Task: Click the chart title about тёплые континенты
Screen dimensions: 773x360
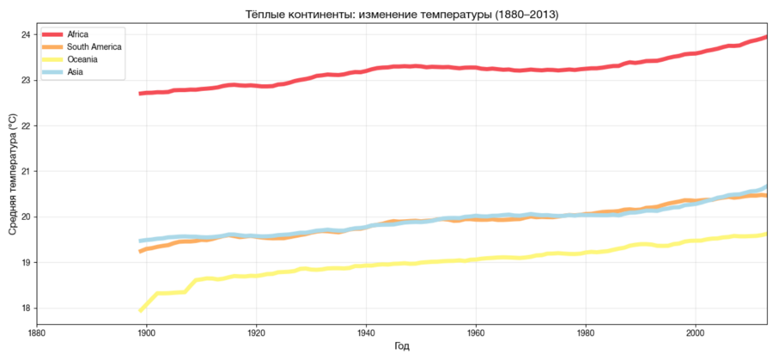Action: click(x=402, y=15)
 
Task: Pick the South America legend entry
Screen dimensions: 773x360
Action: click(x=82, y=47)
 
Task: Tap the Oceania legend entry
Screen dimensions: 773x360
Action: click(x=70, y=59)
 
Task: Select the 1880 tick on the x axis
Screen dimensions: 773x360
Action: click(x=37, y=333)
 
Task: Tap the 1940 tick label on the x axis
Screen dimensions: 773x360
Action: click(x=365, y=333)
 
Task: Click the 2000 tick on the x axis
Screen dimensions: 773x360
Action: click(x=695, y=333)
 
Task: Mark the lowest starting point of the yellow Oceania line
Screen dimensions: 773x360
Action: click(x=141, y=311)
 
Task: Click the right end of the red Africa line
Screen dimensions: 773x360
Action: click(x=767, y=36)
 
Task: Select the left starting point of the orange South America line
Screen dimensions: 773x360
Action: click(x=141, y=252)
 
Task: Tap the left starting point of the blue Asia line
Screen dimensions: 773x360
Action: click(x=141, y=241)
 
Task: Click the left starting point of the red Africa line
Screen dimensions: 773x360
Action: click(x=141, y=93)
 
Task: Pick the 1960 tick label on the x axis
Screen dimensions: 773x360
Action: click(x=475, y=333)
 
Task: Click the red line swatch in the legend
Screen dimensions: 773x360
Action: click(x=52, y=34)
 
